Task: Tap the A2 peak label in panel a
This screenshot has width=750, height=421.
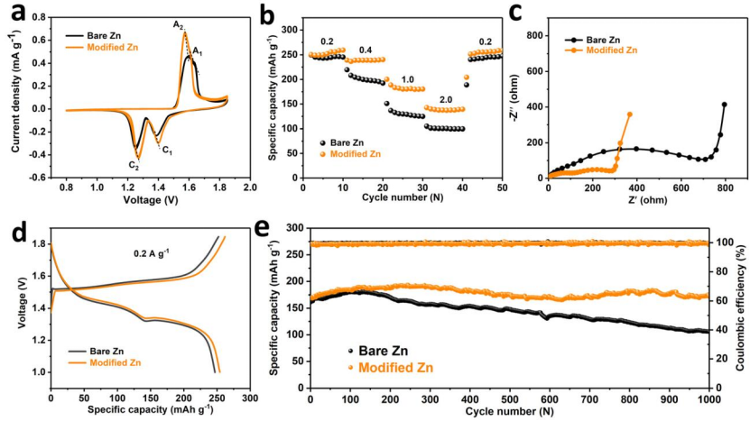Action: click(x=179, y=24)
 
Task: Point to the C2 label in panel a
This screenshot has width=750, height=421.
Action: click(x=134, y=165)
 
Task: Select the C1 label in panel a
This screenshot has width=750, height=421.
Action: click(x=166, y=151)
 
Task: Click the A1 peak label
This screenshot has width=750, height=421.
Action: click(x=198, y=52)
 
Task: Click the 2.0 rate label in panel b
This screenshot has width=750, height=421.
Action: click(x=446, y=99)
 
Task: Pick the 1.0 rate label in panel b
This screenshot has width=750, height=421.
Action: click(x=408, y=79)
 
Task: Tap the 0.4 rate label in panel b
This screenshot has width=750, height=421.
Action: click(x=366, y=50)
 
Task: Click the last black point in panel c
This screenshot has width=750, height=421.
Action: click(x=724, y=105)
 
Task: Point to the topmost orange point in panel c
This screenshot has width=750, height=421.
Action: click(x=629, y=114)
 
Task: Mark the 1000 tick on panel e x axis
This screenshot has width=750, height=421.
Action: click(x=708, y=398)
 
